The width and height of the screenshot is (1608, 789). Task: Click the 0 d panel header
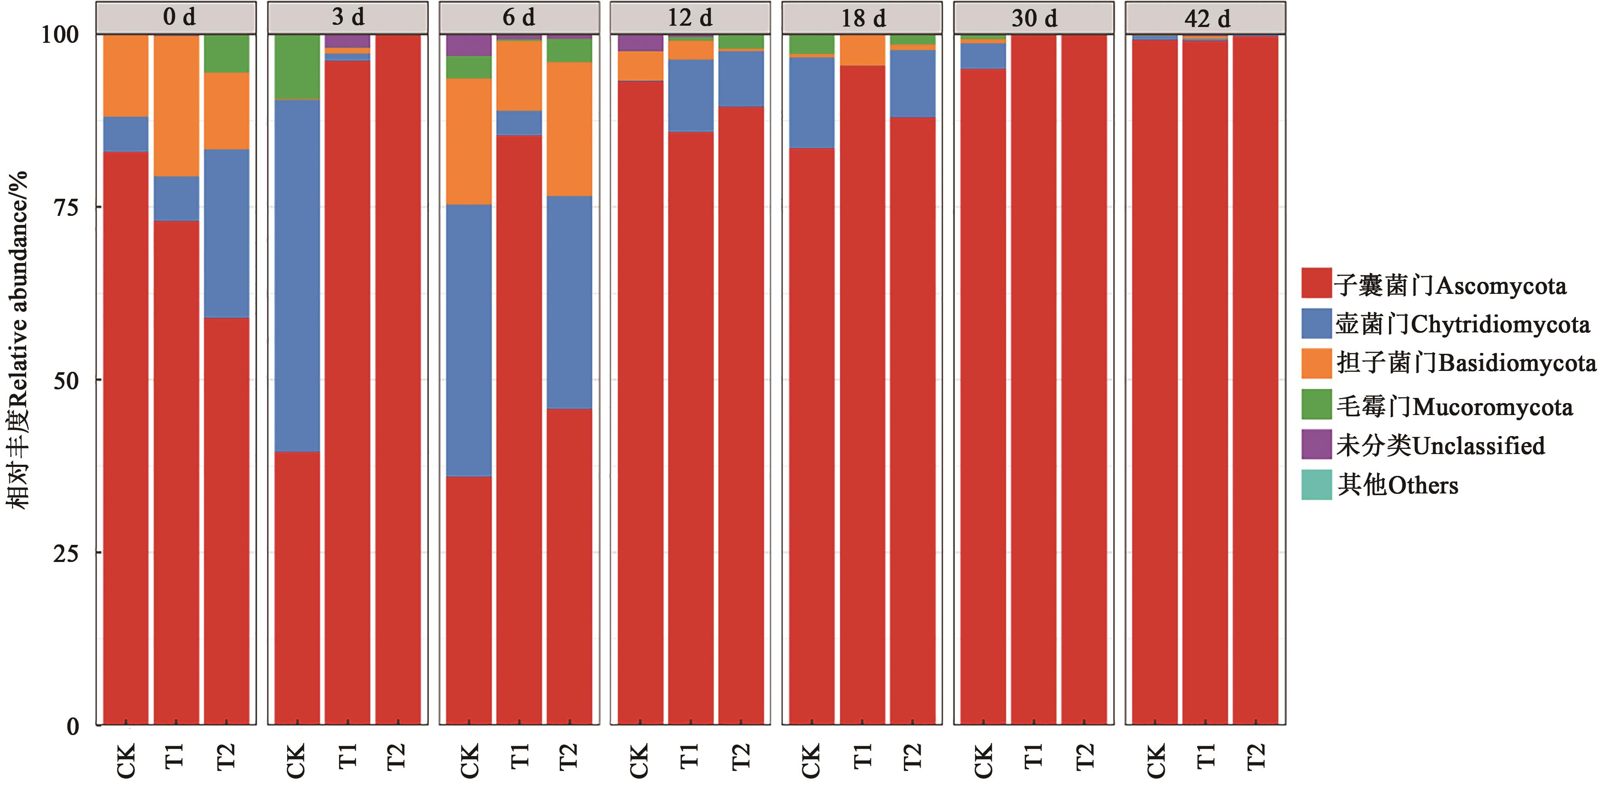176,18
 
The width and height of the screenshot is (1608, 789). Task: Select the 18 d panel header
862,18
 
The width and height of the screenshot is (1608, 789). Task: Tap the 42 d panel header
1206,18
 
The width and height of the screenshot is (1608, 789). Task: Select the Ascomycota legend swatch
1316,283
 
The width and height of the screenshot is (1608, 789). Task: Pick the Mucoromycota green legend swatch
1316,404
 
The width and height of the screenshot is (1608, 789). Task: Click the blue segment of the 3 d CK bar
297,275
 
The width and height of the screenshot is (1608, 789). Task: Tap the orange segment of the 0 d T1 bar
177,106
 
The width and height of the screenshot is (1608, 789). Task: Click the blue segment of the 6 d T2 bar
569,302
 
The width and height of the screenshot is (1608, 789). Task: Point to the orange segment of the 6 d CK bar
469,142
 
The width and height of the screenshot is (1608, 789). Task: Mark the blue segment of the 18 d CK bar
811,103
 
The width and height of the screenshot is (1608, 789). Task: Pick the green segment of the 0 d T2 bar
227,54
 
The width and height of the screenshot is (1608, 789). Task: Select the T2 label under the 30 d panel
1085,757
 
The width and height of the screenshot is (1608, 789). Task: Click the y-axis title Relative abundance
19,340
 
